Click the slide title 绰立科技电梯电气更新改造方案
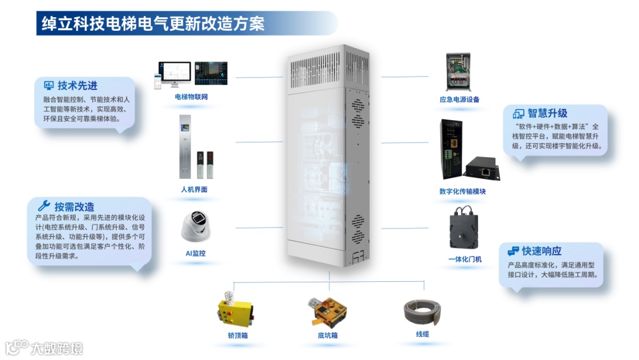153,24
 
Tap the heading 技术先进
78,86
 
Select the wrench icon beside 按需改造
44,206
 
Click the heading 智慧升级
547,113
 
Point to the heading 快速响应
541,251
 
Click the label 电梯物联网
191,97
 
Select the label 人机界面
194,189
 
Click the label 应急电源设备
459,99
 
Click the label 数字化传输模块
462,191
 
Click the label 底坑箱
327,335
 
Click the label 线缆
422,334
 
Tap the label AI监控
195,253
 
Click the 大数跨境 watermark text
57,348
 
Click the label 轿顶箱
237,335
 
